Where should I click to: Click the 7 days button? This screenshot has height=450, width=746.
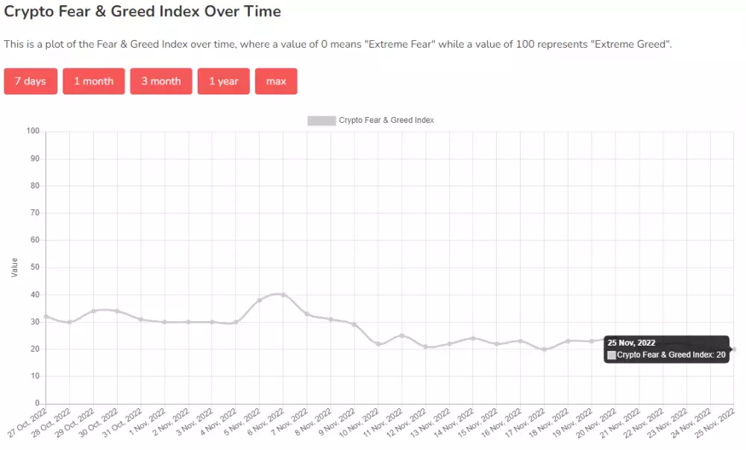click(31, 81)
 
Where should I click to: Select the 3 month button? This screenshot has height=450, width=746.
click(161, 81)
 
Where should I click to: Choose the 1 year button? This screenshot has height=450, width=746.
click(224, 81)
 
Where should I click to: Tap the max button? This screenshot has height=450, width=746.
click(276, 81)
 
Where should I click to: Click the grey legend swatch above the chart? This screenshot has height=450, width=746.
click(322, 121)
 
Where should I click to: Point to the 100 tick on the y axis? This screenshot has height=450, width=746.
click(32, 131)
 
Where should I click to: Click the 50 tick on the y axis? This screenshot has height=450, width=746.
click(34, 267)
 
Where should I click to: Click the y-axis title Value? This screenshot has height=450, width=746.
click(15, 267)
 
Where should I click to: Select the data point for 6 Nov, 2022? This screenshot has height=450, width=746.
click(283, 295)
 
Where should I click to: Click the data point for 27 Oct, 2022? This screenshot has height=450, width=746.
click(46, 317)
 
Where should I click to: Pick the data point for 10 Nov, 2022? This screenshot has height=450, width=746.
click(378, 343)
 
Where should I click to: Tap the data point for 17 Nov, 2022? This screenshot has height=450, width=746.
click(545, 349)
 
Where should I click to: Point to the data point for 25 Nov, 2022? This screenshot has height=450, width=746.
click(734, 349)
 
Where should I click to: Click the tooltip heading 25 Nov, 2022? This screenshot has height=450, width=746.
click(631, 343)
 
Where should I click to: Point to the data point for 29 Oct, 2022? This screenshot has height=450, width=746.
click(93, 311)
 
